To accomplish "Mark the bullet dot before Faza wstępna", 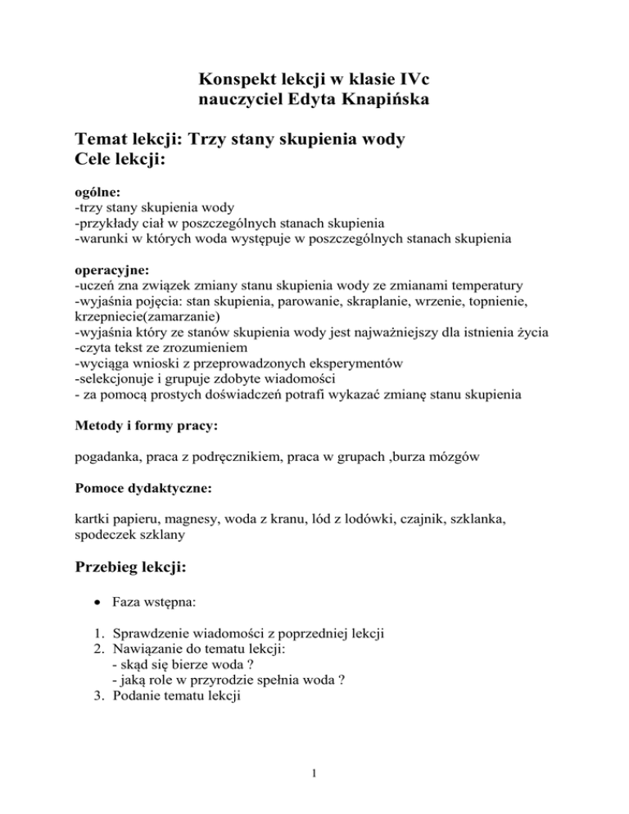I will [x=98, y=610].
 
